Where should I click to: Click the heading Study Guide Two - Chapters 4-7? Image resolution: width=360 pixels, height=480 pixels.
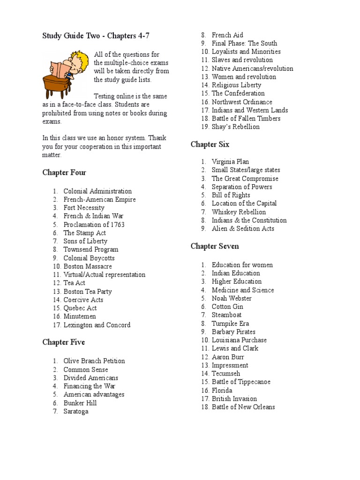pyautogui.click(x=96, y=36)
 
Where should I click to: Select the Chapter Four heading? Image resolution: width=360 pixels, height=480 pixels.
pyautogui.click(x=64, y=172)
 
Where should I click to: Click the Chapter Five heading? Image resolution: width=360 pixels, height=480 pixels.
pyautogui.click(x=64, y=342)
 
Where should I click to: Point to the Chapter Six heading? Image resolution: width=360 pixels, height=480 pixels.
pyautogui.click(x=210, y=144)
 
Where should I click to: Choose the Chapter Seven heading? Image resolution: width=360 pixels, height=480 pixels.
pyautogui.click(x=215, y=246)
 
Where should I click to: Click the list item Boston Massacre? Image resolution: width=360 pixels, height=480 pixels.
pyautogui.click(x=88, y=266)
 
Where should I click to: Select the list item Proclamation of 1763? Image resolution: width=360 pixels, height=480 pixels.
pyautogui.click(x=94, y=225)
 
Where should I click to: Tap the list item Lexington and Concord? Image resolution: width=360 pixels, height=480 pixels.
pyautogui.click(x=97, y=325)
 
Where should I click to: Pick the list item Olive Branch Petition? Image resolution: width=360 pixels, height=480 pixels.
pyautogui.click(x=94, y=361)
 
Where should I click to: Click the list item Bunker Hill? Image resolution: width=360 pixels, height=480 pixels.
pyautogui.click(x=80, y=403)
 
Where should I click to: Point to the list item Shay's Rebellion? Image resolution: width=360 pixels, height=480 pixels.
pyautogui.click(x=235, y=127)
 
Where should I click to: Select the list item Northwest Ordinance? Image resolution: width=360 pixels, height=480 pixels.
pyautogui.click(x=242, y=102)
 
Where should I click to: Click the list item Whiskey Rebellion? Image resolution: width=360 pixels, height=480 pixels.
pyautogui.click(x=239, y=212)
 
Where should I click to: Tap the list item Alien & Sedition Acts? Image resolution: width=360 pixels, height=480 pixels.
pyautogui.click(x=243, y=229)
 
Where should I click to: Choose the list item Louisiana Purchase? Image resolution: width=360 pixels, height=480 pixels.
pyautogui.click(x=239, y=340)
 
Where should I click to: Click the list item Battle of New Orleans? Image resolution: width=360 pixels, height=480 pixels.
pyautogui.click(x=243, y=407)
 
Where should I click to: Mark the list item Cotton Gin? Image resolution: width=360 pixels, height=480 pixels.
pyautogui.click(x=227, y=307)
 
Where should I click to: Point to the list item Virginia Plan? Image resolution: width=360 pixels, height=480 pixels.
pyautogui.click(x=230, y=162)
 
